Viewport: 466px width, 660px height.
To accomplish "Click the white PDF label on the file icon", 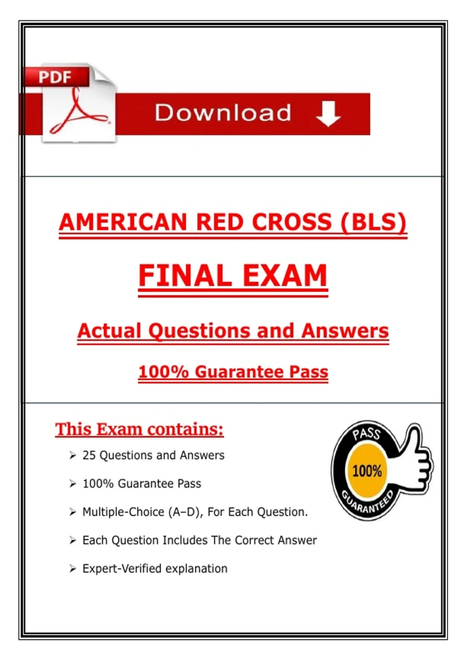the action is click(x=55, y=77).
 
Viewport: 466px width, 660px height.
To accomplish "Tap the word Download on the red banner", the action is click(x=223, y=113).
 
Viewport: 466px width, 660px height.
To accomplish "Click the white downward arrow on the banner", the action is click(x=329, y=114).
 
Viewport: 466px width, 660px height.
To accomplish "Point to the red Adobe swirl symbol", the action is click(x=78, y=111).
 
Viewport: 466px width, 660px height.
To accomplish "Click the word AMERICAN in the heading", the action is click(x=123, y=222).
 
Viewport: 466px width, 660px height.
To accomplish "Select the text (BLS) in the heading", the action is click(x=373, y=222).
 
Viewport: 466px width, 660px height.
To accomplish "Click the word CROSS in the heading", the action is click(x=292, y=222).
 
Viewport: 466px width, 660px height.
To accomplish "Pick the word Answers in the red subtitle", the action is click(x=344, y=331).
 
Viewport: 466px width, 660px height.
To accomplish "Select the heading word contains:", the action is click(x=185, y=429).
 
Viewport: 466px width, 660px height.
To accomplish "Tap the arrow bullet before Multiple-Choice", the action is click(x=73, y=512).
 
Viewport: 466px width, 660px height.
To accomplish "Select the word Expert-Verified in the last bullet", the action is click(x=122, y=569).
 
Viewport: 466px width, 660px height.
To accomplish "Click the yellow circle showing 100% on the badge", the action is click(x=367, y=471).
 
